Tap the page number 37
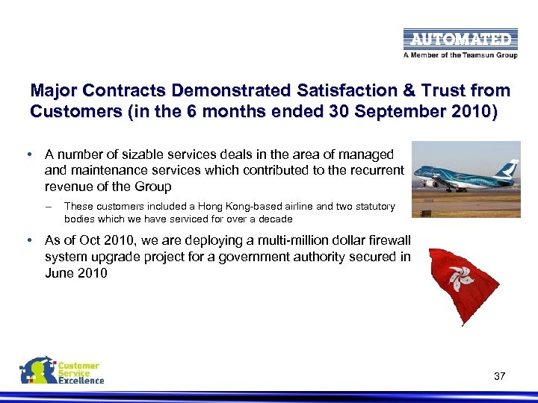coord(500,376)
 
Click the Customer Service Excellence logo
coord(63,372)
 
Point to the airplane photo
coord(466,178)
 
